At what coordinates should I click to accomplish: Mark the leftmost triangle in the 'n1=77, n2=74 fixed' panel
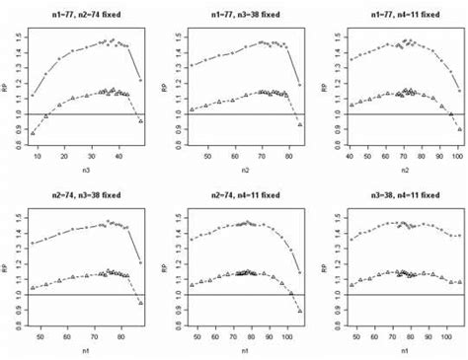[x=33, y=132]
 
